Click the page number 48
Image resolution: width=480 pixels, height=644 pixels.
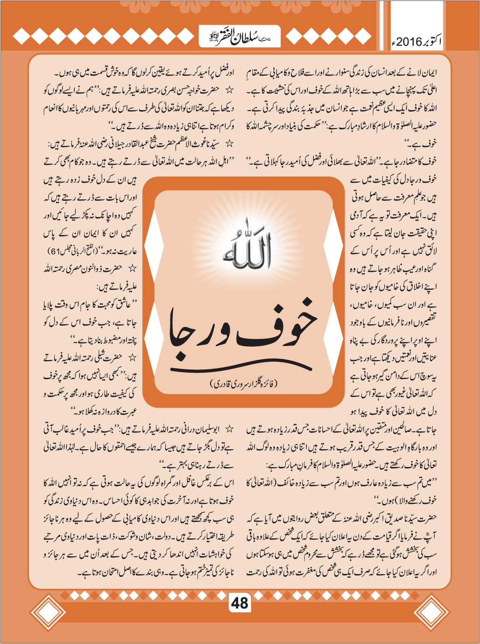[x=240, y=603]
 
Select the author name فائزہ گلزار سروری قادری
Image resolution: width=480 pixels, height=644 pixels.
[x=242, y=383]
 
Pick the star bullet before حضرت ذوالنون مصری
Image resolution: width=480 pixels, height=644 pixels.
[x=133, y=269]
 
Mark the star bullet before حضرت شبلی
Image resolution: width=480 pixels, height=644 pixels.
[x=133, y=357]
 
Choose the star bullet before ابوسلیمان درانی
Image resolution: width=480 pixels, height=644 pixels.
[x=229, y=429]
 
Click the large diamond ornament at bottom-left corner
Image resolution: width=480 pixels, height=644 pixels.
[x=48, y=613]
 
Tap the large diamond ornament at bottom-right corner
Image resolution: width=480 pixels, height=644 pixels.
[x=431, y=613]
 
